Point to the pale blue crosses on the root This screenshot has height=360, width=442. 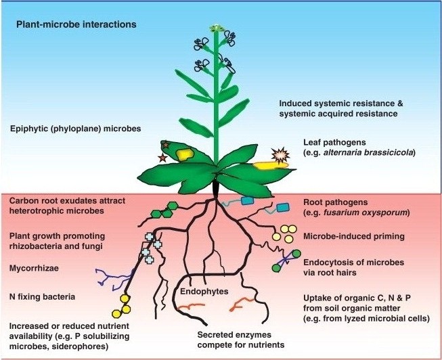click(x=152, y=245)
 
